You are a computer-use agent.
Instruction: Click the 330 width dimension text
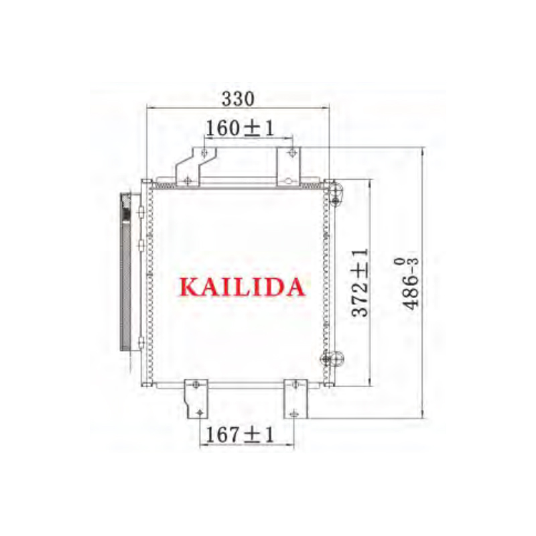click(239, 98)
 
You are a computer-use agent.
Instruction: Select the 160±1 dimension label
click(241, 129)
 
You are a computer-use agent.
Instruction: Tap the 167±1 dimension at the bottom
click(240, 435)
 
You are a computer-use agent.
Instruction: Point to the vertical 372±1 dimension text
click(360, 282)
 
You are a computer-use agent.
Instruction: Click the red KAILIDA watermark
click(242, 287)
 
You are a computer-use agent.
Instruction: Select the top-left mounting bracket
click(196, 167)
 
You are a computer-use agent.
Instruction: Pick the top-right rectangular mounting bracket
click(288, 166)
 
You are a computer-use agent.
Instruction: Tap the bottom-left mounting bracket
click(196, 399)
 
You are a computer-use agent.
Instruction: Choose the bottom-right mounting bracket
click(295, 399)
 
